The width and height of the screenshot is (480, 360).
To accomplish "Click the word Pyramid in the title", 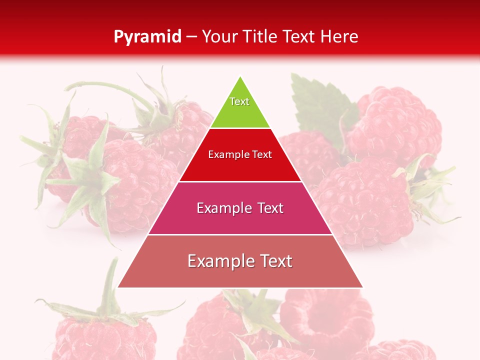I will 147,37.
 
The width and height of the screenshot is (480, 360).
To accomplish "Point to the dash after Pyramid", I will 191,37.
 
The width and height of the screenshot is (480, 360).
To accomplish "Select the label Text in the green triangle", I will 239,101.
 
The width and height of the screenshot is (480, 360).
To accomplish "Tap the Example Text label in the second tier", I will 240,154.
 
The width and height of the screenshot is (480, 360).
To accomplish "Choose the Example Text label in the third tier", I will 240,208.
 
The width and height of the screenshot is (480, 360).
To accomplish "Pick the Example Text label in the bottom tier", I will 240,261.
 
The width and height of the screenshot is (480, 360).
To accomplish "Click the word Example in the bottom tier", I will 218,261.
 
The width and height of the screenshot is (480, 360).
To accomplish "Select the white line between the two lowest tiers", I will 240,234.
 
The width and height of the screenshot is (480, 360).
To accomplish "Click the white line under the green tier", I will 240,128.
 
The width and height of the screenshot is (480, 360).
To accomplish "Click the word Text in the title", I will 300,37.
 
